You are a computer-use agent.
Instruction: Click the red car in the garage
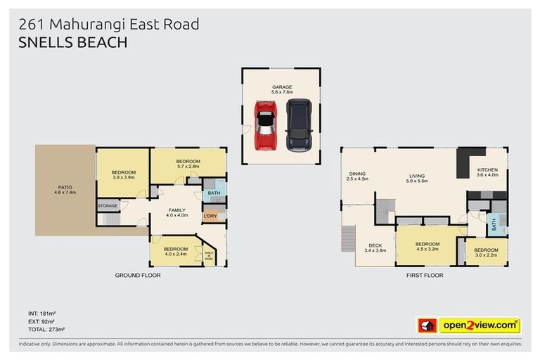click(x=265, y=125)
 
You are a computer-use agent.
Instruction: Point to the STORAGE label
click(x=108, y=205)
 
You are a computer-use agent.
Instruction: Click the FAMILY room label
click(x=176, y=212)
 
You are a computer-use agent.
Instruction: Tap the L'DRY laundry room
click(x=210, y=217)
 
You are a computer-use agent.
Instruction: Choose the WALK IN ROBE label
click(x=209, y=257)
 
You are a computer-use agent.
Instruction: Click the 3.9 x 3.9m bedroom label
click(x=123, y=175)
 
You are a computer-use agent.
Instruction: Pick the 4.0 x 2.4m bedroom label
click(x=175, y=252)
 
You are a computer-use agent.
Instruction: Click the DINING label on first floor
click(x=357, y=176)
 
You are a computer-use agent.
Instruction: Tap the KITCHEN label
click(x=487, y=172)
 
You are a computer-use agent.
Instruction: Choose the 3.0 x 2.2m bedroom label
click(x=485, y=252)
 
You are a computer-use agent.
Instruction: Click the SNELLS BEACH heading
click(x=73, y=42)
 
